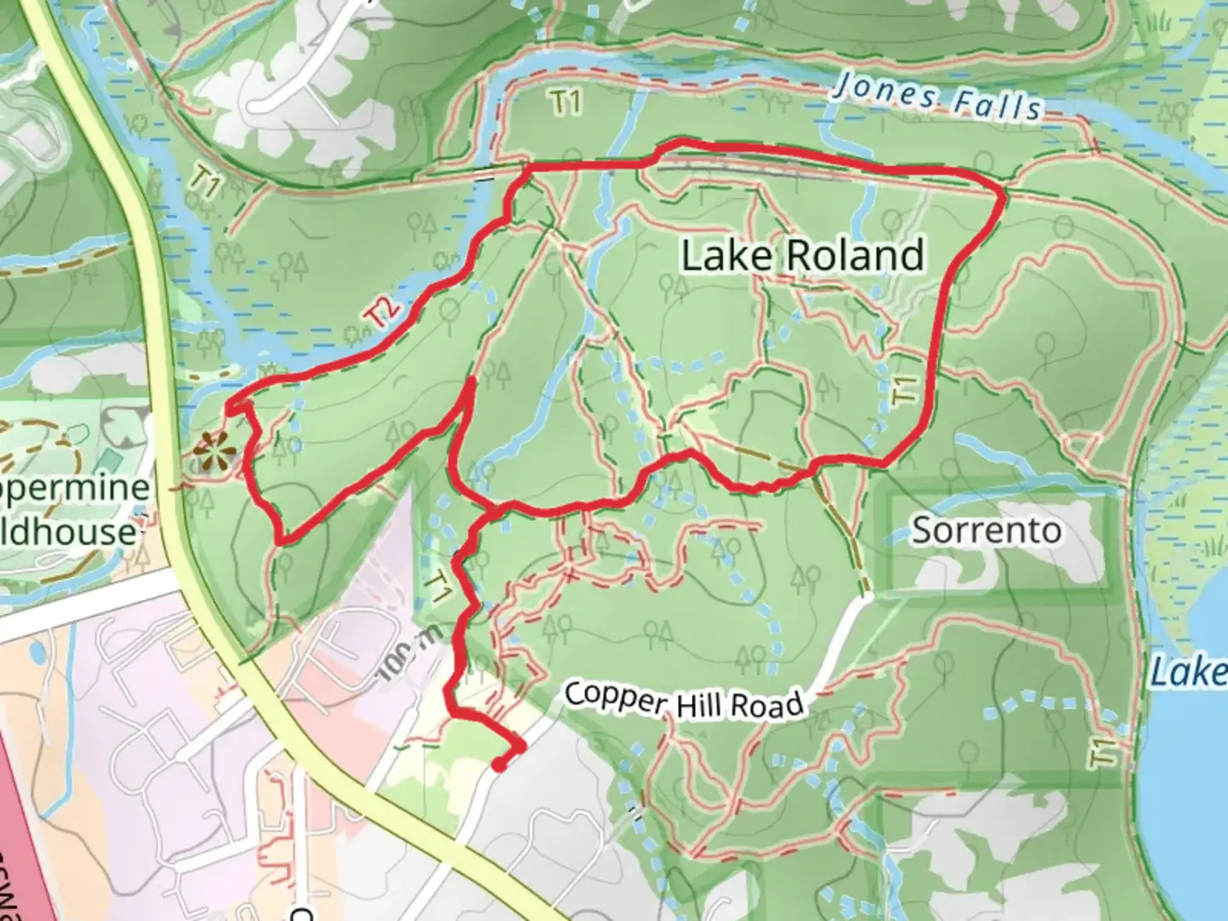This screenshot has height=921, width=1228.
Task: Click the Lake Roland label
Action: pos(802,256)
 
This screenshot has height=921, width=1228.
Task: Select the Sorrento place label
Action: pos(987,530)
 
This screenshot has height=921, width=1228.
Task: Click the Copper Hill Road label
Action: pos(684,701)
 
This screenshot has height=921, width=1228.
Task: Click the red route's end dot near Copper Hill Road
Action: pos(499,766)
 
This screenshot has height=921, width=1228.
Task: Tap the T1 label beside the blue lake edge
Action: pos(1107,753)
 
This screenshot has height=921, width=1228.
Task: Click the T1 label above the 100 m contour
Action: pos(438,587)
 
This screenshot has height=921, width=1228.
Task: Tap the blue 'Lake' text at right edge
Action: pos(1190,672)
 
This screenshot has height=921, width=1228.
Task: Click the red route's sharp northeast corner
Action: pos(1003,195)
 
